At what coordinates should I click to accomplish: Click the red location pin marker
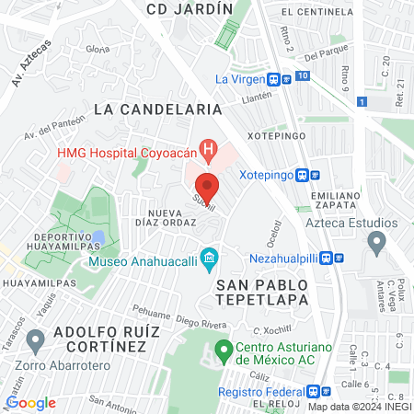pyautogui.click(x=208, y=187)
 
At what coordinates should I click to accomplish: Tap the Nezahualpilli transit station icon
pyautogui.click(x=339, y=259)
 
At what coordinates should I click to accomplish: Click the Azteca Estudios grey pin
pyautogui.click(x=375, y=243)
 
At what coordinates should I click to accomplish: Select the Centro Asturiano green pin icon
pyautogui.click(x=222, y=350)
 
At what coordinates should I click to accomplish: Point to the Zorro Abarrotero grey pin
pyautogui.click(x=36, y=341)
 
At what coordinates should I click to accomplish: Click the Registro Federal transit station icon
pyautogui.click(x=314, y=390)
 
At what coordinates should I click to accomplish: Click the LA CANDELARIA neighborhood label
pyautogui.click(x=158, y=109)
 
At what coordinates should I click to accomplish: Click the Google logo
pyautogui.click(x=30, y=402)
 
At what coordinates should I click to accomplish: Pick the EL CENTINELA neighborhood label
pyautogui.click(x=317, y=12)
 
